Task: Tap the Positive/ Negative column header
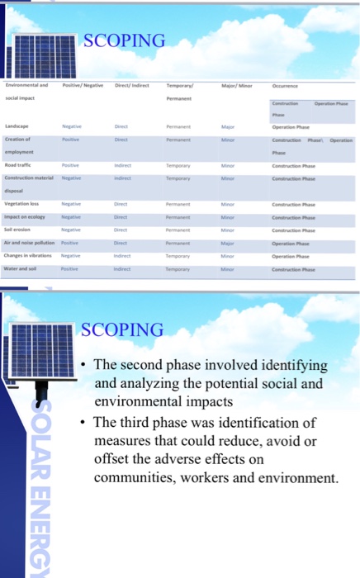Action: pos(83,85)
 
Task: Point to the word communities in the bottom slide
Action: pos(135,478)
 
